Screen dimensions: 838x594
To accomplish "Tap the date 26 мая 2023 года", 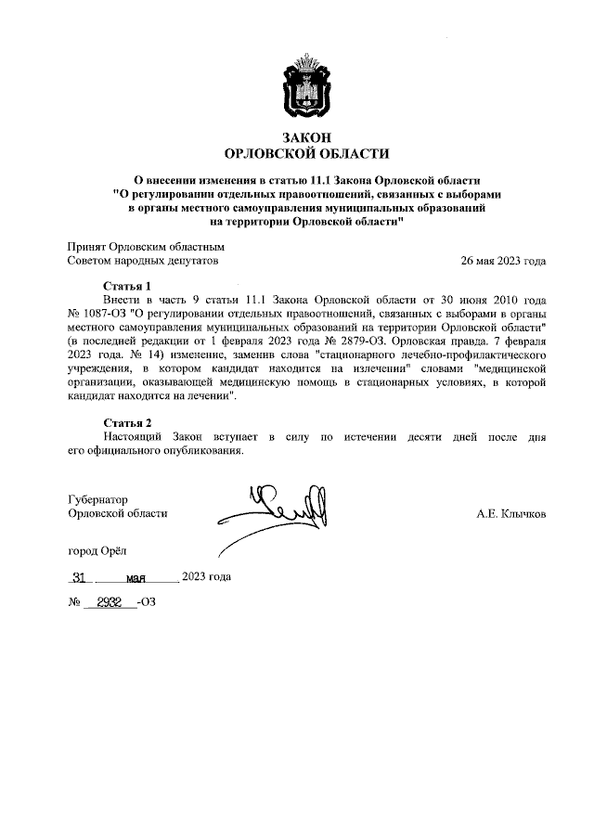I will tap(503, 263).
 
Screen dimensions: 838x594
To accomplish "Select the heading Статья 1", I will tap(126, 287).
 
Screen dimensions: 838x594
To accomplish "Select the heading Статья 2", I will tap(126, 423).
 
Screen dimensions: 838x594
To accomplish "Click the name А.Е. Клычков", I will tap(510, 513).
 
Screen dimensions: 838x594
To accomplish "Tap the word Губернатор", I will tap(98, 499).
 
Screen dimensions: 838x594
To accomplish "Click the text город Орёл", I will tap(97, 550).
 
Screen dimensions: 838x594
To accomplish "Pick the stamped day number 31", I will tap(79, 576).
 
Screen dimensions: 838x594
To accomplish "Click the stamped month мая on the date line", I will tap(138, 577).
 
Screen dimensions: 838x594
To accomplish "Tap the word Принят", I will tap(87, 248).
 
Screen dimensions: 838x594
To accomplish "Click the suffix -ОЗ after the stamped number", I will tap(147, 603).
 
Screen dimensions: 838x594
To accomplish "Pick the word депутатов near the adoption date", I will tap(192, 263).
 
